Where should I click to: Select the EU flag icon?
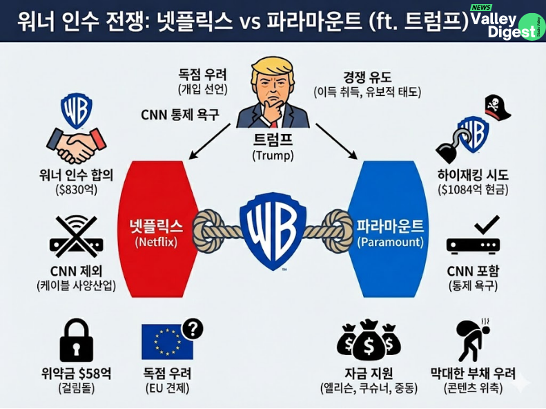point(166,342)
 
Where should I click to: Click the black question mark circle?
point(193,329)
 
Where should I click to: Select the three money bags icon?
point(369,340)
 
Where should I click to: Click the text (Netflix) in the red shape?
point(156,242)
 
